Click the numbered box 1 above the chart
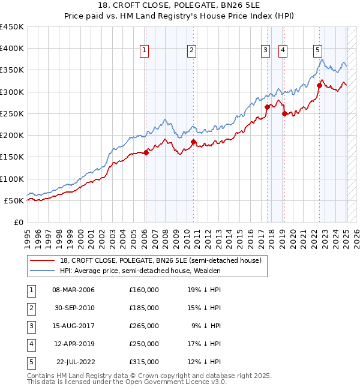[145, 51]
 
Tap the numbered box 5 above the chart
[317, 51]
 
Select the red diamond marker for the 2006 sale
[146, 152]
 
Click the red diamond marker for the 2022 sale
[319, 85]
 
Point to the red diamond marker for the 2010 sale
[194, 142]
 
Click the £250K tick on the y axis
[12, 113]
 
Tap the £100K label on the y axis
[12, 179]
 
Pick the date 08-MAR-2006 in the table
[73, 290]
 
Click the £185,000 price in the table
[144, 308]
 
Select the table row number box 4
[29, 344]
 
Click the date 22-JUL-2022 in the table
[73, 362]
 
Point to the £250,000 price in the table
[144, 344]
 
